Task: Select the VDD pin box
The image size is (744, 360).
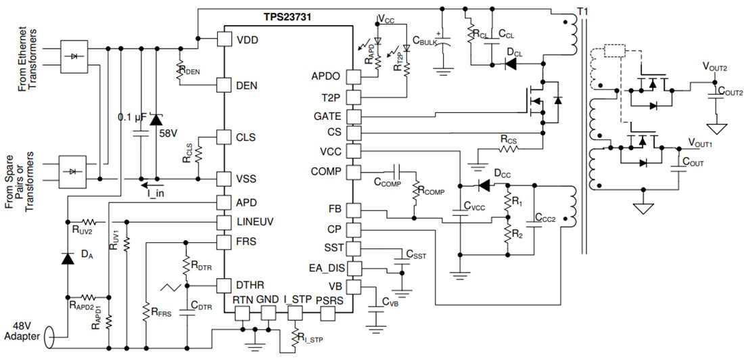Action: pos(225,39)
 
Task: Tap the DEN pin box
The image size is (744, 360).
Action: pos(225,85)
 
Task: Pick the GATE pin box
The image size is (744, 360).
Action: pos(354,116)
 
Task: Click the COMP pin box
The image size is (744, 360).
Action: pos(354,172)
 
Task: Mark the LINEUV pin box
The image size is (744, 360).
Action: pos(225,222)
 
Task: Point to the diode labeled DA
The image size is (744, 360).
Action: pos(67,258)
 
